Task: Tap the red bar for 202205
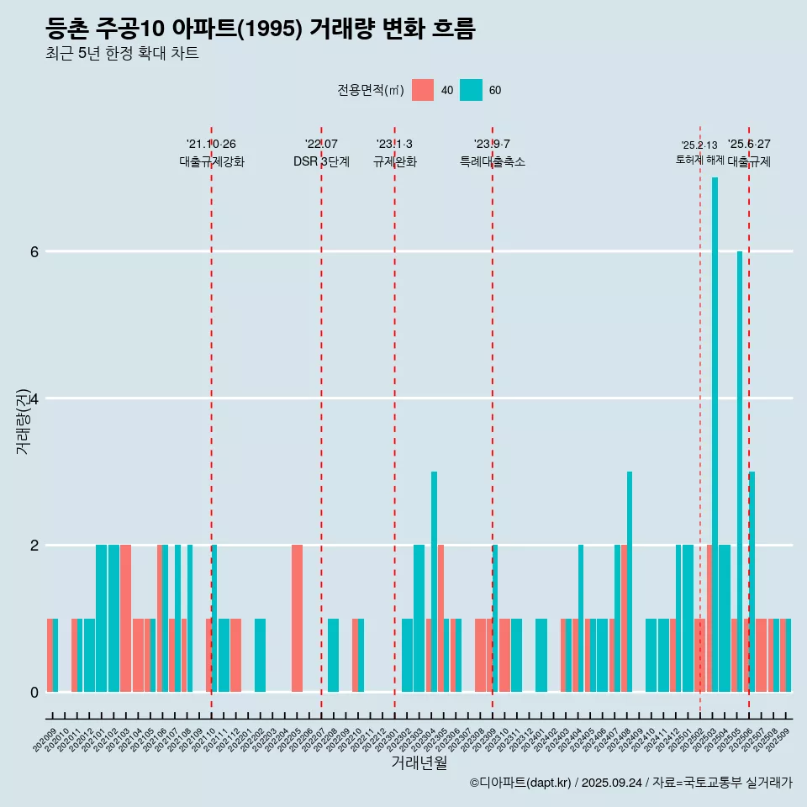point(297,618)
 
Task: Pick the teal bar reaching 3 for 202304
point(434,580)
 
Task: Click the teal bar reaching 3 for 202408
point(630,580)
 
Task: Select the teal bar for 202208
point(333,655)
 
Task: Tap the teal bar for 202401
point(541,655)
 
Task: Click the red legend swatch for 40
point(423,90)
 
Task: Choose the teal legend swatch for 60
point(472,90)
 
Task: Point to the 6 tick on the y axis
point(34,251)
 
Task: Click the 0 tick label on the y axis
point(34,692)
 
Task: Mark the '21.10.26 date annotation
point(211,144)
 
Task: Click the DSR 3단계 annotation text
point(321,161)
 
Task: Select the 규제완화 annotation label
point(394,161)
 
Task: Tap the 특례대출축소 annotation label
point(493,161)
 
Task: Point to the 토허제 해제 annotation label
point(699,159)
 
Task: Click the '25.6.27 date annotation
point(749,144)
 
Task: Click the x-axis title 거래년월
point(419,763)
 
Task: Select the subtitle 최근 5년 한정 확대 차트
point(123,54)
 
